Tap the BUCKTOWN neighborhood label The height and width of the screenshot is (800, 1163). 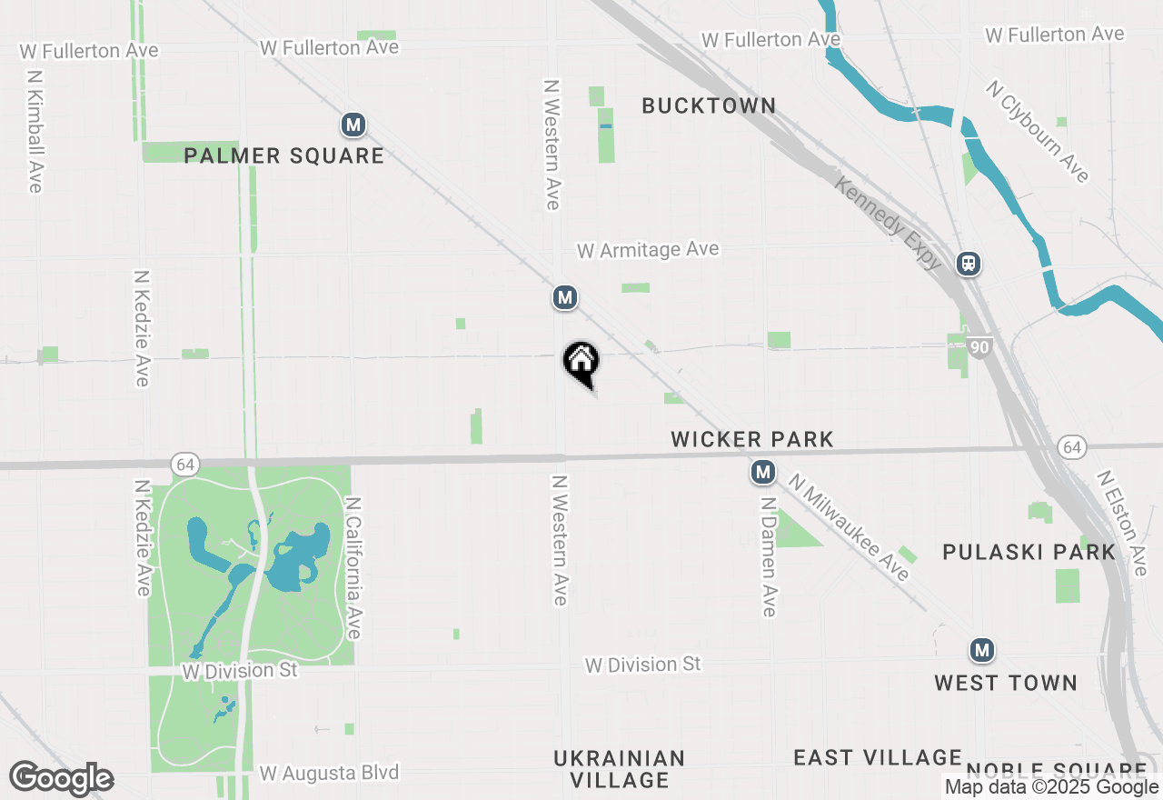click(x=709, y=105)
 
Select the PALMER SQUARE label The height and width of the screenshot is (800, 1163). click(x=283, y=155)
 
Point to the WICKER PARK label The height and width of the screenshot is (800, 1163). click(x=751, y=440)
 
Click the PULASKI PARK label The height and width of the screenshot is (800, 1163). click(x=1029, y=552)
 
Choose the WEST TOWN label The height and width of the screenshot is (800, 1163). click(x=1006, y=683)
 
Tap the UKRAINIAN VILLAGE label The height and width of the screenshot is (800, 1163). click(x=619, y=769)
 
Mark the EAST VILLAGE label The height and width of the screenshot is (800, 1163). click(x=877, y=757)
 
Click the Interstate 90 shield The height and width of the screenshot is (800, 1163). click(x=979, y=346)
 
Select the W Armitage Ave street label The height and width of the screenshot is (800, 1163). click(x=647, y=250)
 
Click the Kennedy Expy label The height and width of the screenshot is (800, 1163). click(x=888, y=223)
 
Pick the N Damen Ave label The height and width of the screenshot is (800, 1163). click(x=769, y=555)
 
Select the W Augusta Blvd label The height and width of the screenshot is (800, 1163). click(x=329, y=774)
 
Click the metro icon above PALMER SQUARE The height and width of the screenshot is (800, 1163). click(x=353, y=125)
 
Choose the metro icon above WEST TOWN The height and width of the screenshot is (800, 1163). click(x=980, y=651)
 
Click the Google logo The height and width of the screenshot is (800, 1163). click(x=61, y=779)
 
